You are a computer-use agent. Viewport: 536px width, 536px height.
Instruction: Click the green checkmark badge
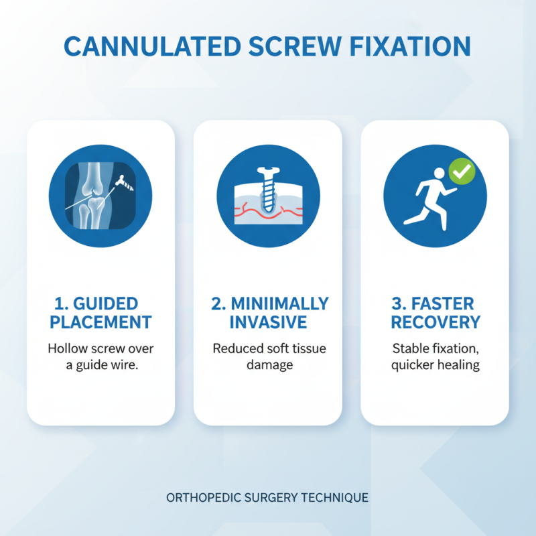462,171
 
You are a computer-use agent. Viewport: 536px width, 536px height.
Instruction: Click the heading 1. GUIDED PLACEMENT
100,312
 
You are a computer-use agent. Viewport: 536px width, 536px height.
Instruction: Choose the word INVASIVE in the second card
268,322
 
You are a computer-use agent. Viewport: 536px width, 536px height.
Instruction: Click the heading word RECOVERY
435,322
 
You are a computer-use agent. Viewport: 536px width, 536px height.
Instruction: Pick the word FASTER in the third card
443,304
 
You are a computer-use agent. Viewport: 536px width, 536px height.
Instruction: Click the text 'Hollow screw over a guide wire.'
100,358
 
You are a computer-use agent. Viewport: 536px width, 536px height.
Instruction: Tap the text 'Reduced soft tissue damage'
268,358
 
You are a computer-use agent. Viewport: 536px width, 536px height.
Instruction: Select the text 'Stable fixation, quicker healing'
435,358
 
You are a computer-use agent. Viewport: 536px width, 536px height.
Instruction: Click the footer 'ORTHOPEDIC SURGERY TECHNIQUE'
268,498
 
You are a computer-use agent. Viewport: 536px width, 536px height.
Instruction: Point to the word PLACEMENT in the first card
100,322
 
